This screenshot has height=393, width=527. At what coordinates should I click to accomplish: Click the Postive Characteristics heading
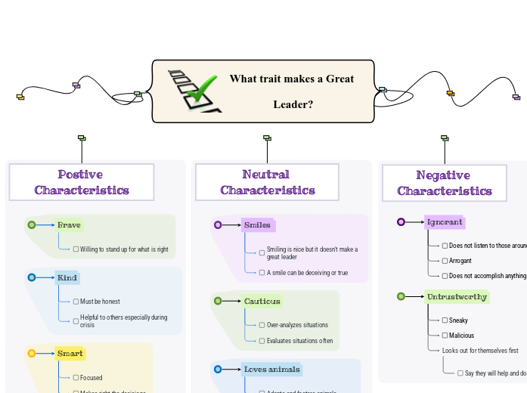(x=82, y=182)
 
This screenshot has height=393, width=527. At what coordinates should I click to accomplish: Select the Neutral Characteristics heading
(x=267, y=182)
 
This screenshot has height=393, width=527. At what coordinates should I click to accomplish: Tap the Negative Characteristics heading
(x=444, y=183)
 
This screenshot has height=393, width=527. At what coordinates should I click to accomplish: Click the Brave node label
(x=69, y=224)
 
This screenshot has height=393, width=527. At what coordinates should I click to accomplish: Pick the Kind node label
(x=67, y=277)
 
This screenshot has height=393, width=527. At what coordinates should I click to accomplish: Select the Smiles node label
(x=257, y=224)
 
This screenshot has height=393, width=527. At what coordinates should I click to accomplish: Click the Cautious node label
(x=262, y=301)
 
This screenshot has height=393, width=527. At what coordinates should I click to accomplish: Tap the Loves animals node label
(x=272, y=370)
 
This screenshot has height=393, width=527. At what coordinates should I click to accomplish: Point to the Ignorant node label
(x=445, y=222)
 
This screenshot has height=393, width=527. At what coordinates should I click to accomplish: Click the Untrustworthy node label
(x=457, y=296)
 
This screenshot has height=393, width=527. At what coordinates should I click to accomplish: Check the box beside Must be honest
(x=76, y=302)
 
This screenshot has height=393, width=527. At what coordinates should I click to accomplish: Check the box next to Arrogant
(x=445, y=261)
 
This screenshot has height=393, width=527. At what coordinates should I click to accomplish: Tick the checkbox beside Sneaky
(x=445, y=320)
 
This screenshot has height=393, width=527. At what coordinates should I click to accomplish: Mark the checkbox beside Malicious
(x=445, y=335)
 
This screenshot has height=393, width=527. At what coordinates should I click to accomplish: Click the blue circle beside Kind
(x=32, y=277)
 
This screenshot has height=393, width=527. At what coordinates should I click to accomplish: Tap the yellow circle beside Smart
(x=32, y=353)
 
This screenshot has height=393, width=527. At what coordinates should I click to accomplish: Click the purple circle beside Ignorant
(x=401, y=222)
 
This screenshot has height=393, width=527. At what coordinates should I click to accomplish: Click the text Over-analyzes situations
(x=297, y=325)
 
